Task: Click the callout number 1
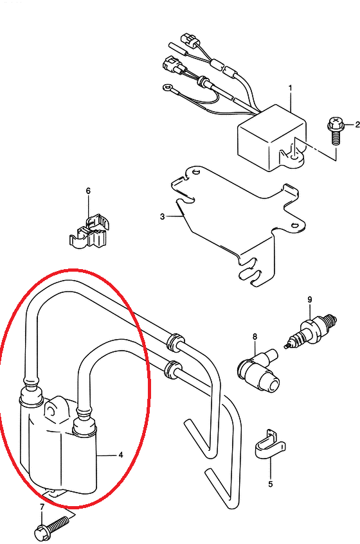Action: point(290,88)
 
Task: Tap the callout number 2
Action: point(357,125)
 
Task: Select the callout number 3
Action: point(163,216)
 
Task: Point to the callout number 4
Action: point(120,455)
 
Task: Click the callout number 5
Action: point(271,484)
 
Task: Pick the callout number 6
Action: point(88,191)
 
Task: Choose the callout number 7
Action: point(42,507)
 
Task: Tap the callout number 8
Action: point(255,336)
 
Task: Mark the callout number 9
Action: point(310,299)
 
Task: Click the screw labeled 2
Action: point(336,132)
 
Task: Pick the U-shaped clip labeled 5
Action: point(270,446)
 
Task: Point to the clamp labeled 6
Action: point(89,232)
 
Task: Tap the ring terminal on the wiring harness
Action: point(166,87)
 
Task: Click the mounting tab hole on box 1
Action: point(294,157)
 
